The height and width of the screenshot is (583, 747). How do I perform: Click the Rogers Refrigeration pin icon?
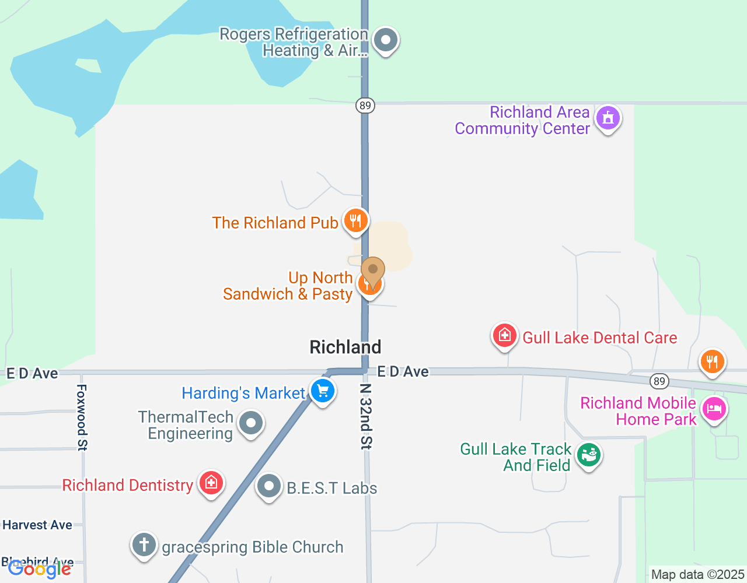pyautogui.click(x=385, y=40)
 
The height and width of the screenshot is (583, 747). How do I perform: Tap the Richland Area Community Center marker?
pyautogui.click(x=608, y=118)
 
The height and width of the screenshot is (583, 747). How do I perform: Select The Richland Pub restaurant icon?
pyautogui.click(x=355, y=221)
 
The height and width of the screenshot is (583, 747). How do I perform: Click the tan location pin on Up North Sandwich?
pyautogui.click(x=373, y=271)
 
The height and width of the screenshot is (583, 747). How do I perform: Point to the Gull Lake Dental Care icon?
pyautogui.click(x=505, y=336)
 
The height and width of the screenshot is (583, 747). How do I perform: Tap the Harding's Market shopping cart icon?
pyautogui.click(x=322, y=391)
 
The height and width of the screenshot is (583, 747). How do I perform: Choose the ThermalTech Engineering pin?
pyautogui.click(x=251, y=423)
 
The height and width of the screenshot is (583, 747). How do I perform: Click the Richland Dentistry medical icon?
pyautogui.click(x=211, y=483)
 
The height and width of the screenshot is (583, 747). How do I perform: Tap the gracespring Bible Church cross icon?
pyautogui.click(x=144, y=545)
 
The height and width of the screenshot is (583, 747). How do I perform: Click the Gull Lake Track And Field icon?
pyautogui.click(x=588, y=455)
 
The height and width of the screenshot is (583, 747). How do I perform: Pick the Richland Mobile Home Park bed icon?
pyautogui.click(x=713, y=408)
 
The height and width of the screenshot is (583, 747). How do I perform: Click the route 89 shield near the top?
pyautogui.click(x=365, y=106)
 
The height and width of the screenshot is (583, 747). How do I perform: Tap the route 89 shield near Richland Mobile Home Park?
pyautogui.click(x=659, y=381)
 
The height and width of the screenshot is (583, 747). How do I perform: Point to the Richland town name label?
pyautogui.click(x=345, y=347)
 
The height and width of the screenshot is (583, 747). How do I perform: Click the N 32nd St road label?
pyautogui.click(x=366, y=416)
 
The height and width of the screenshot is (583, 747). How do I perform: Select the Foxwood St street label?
pyautogui.click(x=82, y=417)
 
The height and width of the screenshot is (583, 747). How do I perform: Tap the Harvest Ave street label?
pyautogui.click(x=37, y=525)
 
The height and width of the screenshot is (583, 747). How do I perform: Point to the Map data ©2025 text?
pyautogui.click(x=697, y=575)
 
